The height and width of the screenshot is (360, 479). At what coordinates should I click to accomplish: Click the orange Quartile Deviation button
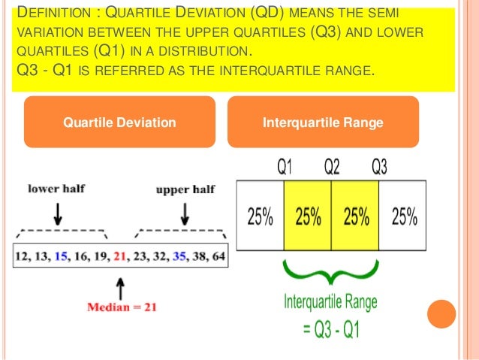tap(120, 123)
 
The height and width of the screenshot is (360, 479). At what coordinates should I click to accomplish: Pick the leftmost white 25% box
tap(260, 217)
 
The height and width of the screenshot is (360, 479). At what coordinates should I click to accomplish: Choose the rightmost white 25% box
tap(403, 217)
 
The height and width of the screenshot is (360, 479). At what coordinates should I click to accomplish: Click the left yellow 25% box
tap(308, 217)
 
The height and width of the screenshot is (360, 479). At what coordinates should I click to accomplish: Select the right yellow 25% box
tap(356, 217)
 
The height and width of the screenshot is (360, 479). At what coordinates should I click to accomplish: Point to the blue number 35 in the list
tap(179, 256)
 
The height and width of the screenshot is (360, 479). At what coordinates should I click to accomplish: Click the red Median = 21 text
tap(122, 307)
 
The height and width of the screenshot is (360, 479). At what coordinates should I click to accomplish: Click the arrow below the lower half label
tap(59, 213)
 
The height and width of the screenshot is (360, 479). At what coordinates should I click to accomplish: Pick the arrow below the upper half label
tap(182, 213)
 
